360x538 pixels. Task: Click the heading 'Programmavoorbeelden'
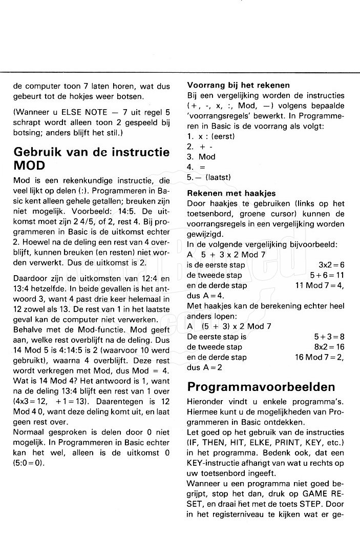pos(261,386)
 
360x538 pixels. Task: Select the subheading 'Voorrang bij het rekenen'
pos(238,85)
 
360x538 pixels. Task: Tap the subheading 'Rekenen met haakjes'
pos(231,193)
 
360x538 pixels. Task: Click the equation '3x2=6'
pos(331,265)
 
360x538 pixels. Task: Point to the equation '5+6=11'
pos(328,275)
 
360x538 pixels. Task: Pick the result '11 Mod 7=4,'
pos(320,285)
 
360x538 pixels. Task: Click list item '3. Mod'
pos(201,157)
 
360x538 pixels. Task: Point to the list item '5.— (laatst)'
pos(209,177)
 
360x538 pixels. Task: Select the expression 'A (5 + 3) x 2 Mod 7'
pos(229,326)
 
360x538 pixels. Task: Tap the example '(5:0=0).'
pos(29,463)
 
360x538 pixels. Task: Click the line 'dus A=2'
pos(204,367)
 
